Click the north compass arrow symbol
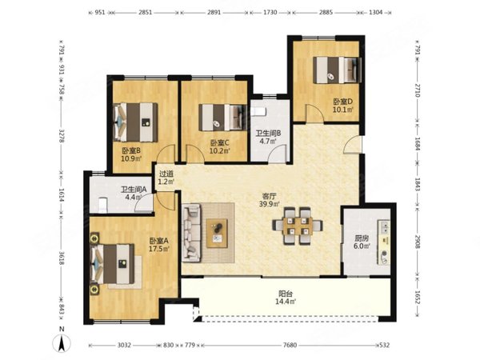62,343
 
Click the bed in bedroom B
136,122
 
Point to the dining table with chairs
298,226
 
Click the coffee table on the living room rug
217,234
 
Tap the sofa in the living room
191,233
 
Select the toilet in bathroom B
258,111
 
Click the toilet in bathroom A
103,204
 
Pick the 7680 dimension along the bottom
290,345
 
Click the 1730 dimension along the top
270,13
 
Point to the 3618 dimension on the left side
62,258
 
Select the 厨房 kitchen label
362,238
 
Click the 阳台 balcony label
286,294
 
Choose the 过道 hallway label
166,174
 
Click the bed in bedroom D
337,70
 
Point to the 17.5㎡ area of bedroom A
159,249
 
